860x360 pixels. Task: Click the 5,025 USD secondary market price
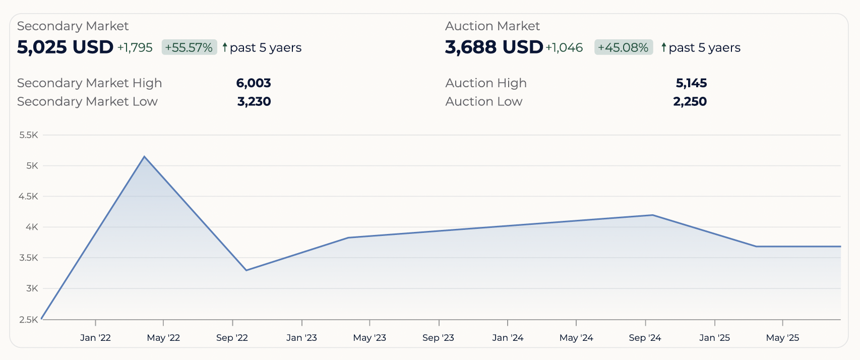tap(65, 47)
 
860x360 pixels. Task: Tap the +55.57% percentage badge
tap(189, 47)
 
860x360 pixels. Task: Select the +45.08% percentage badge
tap(623, 47)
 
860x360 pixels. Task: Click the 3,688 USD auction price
tap(494, 47)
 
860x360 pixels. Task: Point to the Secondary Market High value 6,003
tap(254, 83)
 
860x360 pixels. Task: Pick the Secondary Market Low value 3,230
tap(254, 102)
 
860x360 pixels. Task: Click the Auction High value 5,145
tap(691, 83)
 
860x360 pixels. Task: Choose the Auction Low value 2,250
tap(690, 102)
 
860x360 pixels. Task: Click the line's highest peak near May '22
tap(145, 157)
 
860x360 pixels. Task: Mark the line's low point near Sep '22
tap(246, 270)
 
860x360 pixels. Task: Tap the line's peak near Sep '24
tap(653, 215)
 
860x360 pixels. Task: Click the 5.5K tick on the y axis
tap(29, 135)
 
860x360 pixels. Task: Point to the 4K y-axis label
tap(32, 227)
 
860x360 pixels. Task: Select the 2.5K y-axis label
tap(29, 320)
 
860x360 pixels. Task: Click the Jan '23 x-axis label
tap(301, 338)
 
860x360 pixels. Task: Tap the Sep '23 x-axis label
tap(438, 338)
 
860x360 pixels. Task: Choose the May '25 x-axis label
tap(782, 338)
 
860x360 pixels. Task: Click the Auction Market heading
tap(492, 26)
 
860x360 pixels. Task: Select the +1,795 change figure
tap(135, 48)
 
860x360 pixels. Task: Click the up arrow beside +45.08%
tap(664, 47)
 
